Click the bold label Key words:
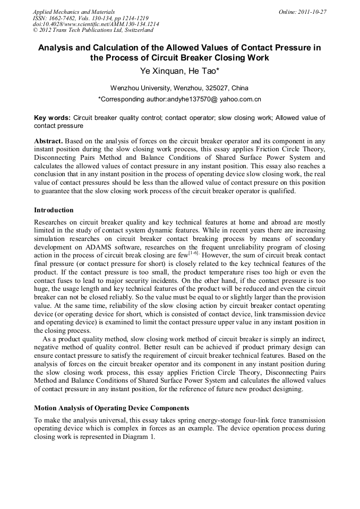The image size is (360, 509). [52, 118]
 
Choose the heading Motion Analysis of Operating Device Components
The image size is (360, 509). [112, 408]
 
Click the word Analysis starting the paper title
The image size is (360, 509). [58, 48]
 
